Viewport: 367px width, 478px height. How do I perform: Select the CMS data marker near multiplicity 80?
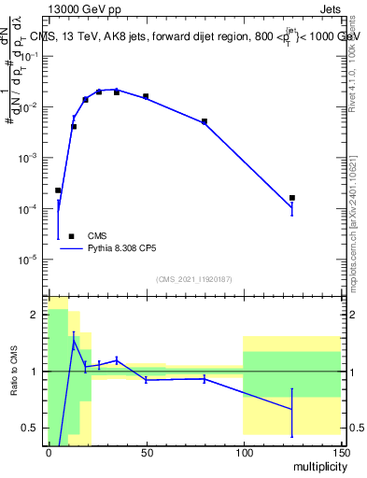click(x=205, y=121)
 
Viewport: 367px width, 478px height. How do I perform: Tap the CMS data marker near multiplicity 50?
click(x=146, y=96)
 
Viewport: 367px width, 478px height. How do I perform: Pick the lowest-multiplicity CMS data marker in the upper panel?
click(x=58, y=190)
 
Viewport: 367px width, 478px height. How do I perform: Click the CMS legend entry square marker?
click(x=71, y=236)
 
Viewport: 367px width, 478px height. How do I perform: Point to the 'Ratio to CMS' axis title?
click(x=14, y=371)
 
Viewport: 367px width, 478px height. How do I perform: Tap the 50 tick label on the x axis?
click(x=146, y=451)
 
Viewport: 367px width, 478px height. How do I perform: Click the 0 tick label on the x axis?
click(x=49, y=451)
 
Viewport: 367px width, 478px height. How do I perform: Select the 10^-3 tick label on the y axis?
click(x=28, y=158)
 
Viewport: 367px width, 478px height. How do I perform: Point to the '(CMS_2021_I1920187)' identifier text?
click(x=193, y=279)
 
